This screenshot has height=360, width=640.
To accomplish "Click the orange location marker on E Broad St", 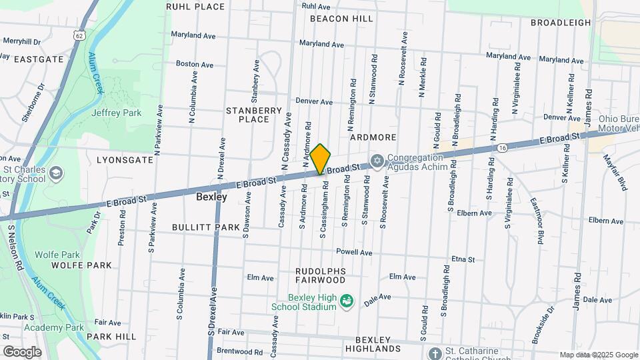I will [321, 159].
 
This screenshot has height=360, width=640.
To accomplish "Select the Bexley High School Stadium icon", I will [347, 303].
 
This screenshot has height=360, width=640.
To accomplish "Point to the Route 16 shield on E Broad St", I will [501, 147].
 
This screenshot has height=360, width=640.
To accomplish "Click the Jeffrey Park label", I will [116, 113].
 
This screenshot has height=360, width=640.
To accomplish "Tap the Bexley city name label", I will [211, 197].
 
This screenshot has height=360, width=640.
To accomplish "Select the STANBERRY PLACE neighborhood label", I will [247, 115].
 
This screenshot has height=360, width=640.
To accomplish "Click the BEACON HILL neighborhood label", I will [341, 19].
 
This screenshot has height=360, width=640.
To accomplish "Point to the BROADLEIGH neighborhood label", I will [561, 23].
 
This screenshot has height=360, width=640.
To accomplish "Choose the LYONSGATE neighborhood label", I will [125, 161].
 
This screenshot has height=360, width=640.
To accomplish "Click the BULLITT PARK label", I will [205, 227].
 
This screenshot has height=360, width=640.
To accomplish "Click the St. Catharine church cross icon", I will [435, 353].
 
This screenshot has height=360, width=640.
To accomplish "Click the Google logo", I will [22, 351].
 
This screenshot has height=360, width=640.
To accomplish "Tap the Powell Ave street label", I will [354, 253].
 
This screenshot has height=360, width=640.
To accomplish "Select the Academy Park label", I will [54, 327].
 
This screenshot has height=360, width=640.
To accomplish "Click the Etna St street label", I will [463, 259].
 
